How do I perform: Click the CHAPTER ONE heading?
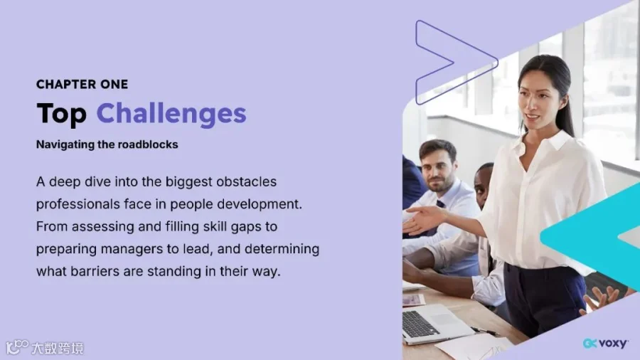82,85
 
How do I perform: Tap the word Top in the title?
62,113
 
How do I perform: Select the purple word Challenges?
171,113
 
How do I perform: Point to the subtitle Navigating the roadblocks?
107,144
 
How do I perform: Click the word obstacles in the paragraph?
247,181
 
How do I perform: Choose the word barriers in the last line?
95,271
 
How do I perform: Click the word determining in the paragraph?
282,248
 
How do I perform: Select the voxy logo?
605,344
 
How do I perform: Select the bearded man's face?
437,168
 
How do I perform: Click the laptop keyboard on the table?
420,322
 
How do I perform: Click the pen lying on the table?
485,331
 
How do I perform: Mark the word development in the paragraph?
259,204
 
